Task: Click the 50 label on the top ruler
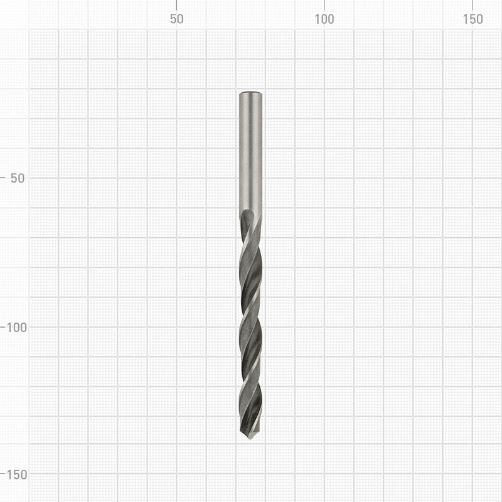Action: (x=176, y=19)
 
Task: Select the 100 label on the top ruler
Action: (x=324, y=19)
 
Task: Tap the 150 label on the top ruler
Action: (x=473, y=19)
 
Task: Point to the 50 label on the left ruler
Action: (x=18, y=178)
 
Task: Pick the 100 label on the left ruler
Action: (x=16, y=328)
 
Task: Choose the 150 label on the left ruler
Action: (x=16, y=475)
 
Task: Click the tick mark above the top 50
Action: (x=176, y=5)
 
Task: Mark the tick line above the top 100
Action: (x=324, y=5)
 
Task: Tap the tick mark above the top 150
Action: (x=473, y=5)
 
